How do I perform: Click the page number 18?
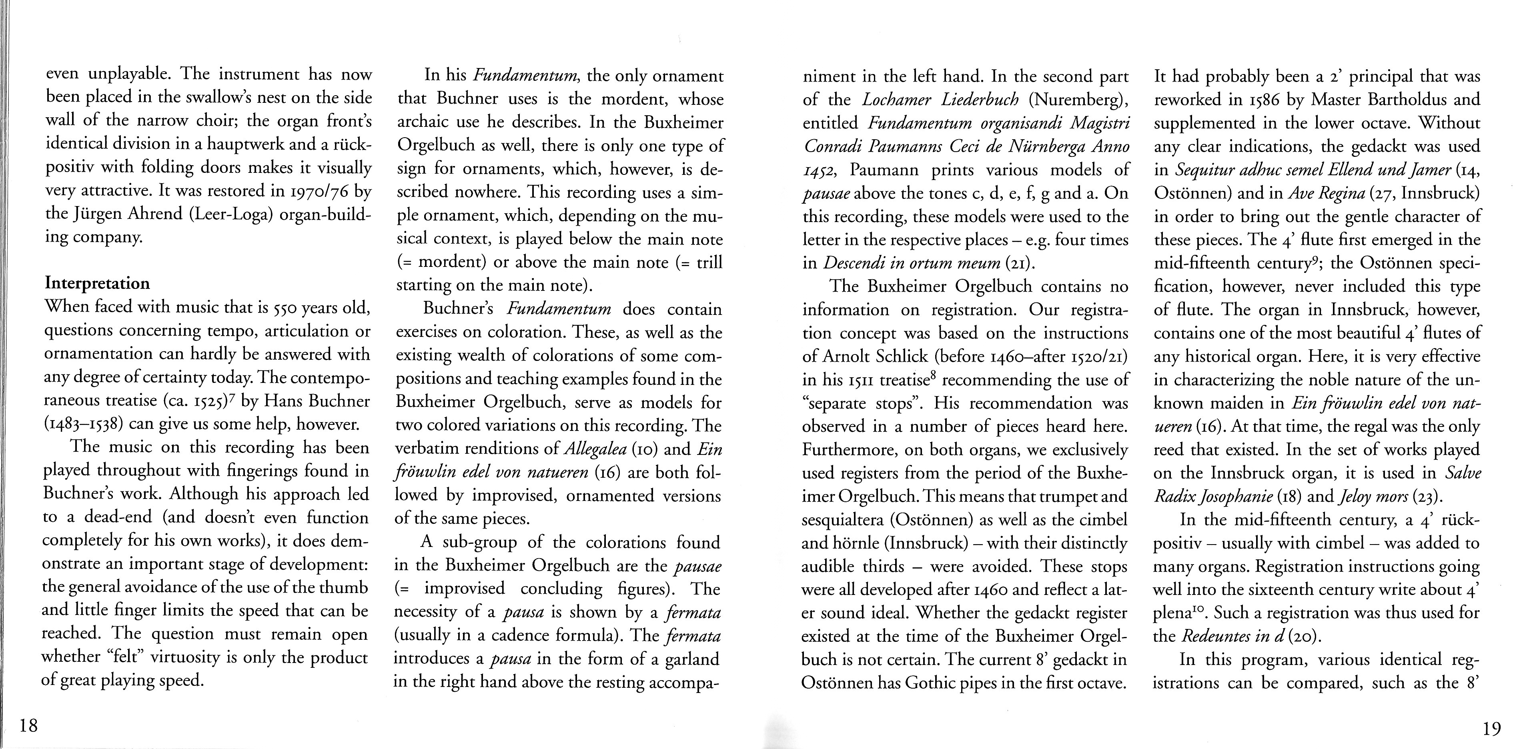click(28, 725)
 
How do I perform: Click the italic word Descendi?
click(848, 263)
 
